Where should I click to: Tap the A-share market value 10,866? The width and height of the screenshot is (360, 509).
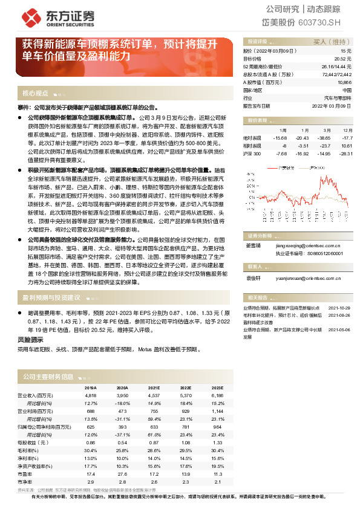pos(344,82)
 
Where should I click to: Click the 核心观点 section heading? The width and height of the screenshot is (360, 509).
pos(35,94)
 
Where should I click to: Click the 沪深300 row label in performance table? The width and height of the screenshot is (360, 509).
pos(252,154)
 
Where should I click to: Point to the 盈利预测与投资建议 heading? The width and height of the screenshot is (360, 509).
pos(51,297)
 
